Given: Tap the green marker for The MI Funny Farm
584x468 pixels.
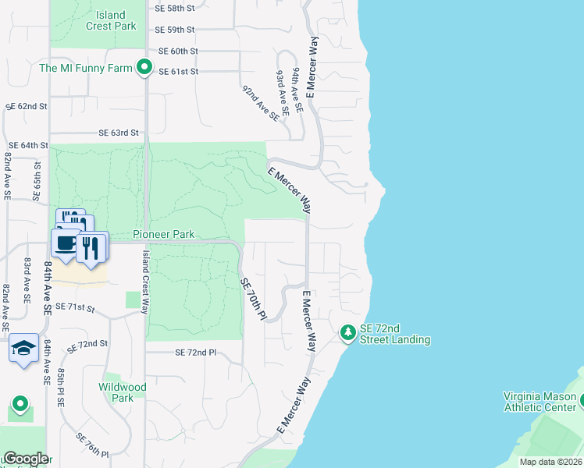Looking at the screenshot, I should click(x=144, y=68).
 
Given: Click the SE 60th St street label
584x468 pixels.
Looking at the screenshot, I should click(x=178, y=51).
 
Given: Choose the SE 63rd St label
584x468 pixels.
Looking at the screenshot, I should click(x=118, y=133).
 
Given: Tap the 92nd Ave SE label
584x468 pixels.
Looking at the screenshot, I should click(x=260, y=105).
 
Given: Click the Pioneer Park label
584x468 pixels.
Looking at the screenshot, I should click(x=163, y=234).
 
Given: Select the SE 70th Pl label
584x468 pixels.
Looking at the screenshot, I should click(x=253, y=299).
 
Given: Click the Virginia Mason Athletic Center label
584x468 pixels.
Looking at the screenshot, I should click(x=539, y=400).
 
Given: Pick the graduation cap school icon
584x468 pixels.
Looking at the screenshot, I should click(x=23, y=347).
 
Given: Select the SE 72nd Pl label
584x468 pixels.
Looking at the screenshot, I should click(x=196, y=353).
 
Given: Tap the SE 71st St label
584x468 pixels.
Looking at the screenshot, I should click(x=74, y=309).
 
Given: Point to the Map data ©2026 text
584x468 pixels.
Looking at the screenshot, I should click(x=550, y=462).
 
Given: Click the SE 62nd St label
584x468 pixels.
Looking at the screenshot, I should click(x=27, y=106).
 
